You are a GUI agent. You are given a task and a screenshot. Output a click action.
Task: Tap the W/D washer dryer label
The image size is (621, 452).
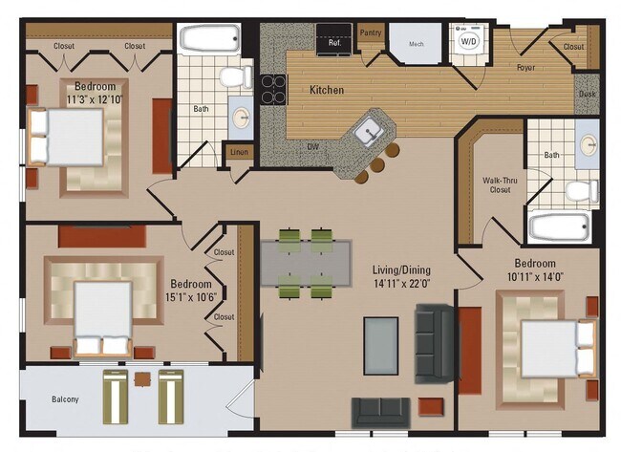click(x=470, y=42)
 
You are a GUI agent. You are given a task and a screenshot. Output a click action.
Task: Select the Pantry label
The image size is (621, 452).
click(x=371, y=32)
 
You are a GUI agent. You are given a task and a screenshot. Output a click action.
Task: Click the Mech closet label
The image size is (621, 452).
click(x=417, y=44)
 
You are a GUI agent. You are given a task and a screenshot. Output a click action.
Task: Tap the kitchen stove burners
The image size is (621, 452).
click(x=274, y=89)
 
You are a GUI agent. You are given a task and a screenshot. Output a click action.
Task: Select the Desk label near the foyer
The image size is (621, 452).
click(x=587, y=95)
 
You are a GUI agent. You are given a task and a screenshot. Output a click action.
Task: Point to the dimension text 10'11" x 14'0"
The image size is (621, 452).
click(x=535, y=277)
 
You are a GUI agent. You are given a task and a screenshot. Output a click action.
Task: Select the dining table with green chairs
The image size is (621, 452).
click(x=307, y=257)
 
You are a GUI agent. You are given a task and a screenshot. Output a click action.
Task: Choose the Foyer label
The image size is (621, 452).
click(x=525, y=68)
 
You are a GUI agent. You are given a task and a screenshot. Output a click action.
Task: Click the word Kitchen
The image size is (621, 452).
click(x=327, y=91)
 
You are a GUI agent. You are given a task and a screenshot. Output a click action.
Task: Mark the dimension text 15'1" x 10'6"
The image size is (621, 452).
click(x=191, y=291)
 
